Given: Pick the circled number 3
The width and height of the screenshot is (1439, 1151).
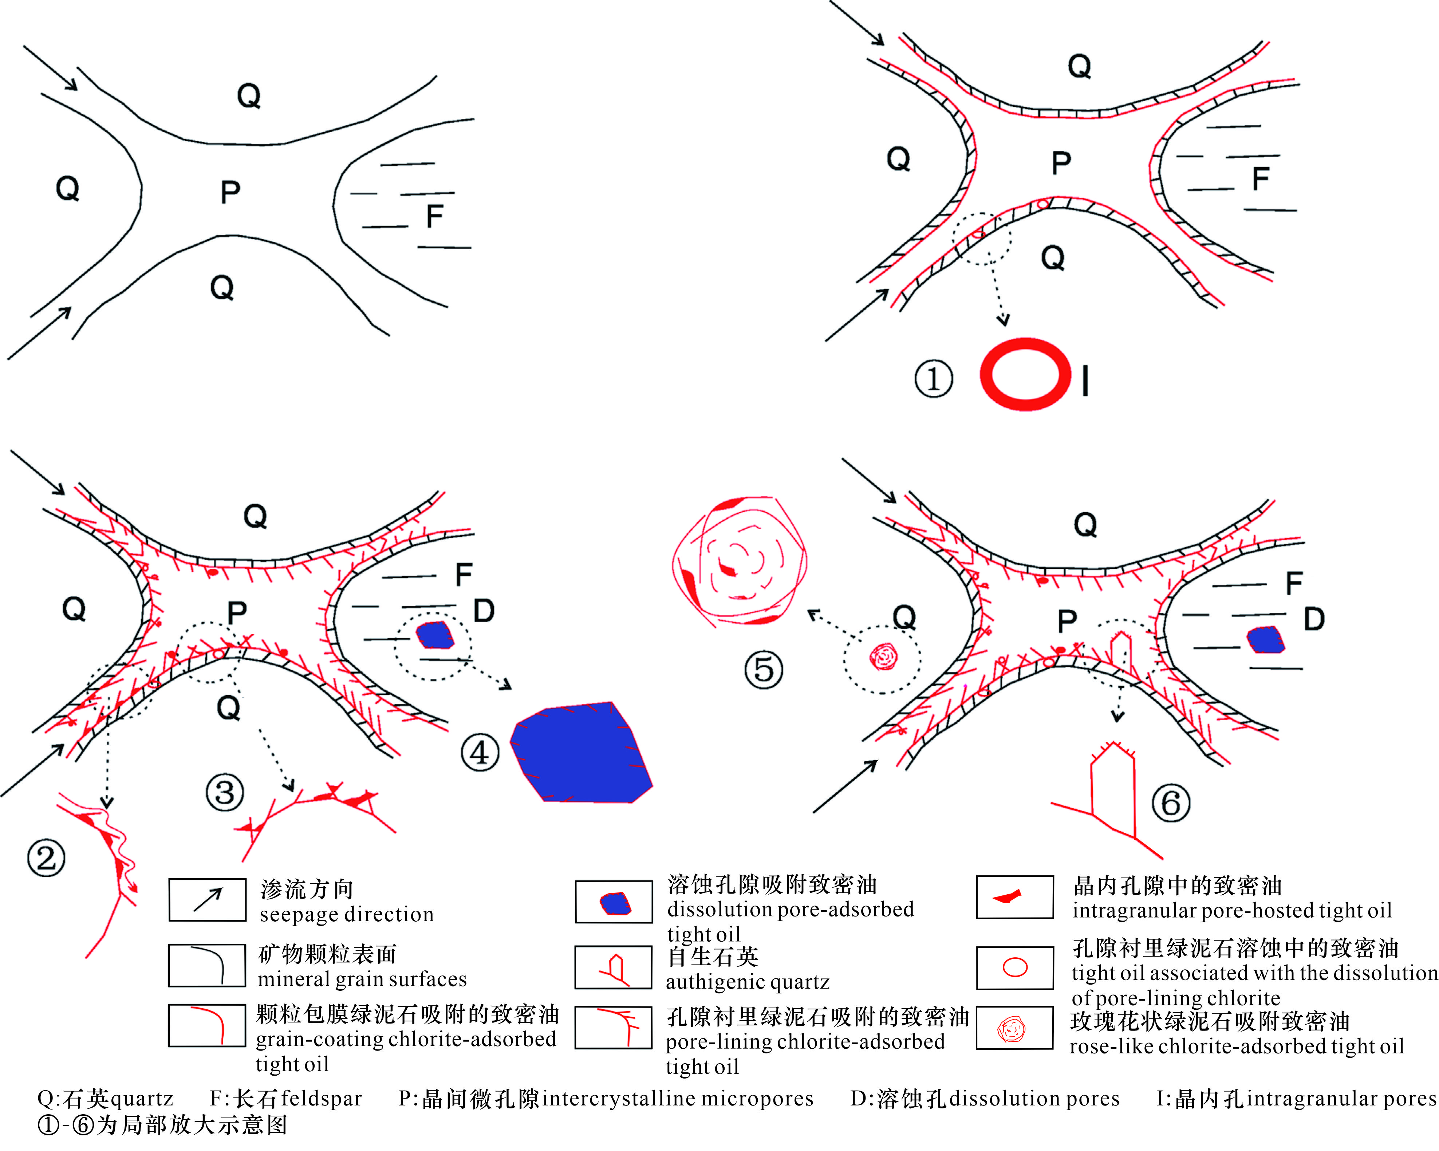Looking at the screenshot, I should (x=224, y=792).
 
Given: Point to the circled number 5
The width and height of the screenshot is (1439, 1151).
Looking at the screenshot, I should (x=764, y=670).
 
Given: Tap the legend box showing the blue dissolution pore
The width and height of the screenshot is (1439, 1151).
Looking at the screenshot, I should (x=614, y=902).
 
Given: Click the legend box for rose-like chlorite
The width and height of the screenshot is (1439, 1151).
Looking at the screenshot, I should (x=1014, y=1029).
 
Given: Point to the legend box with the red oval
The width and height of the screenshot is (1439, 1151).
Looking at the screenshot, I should (x=1014, y=967).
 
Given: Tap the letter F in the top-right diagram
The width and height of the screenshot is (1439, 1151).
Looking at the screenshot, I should (x=1260, y=178).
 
